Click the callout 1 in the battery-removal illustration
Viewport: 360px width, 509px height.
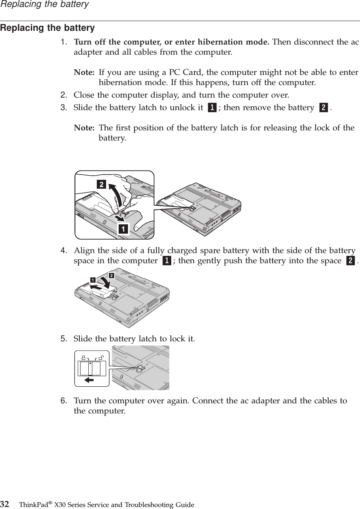click(x=121, y=229)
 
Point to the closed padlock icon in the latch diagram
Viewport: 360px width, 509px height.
click(x=83, y=357)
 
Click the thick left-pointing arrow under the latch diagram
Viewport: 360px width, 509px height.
click(x=89, y=380)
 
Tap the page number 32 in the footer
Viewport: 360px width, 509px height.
click(x=5, y=505)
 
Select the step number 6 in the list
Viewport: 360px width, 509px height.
click(x=64, y=401)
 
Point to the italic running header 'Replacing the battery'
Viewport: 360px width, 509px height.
click(x=44, y=4)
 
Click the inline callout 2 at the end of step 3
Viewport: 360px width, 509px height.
click(x=323, y=108)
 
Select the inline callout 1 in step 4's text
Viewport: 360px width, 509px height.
click(x=165, y=261)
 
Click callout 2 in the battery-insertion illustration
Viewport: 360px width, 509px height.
click(x=110, y=276)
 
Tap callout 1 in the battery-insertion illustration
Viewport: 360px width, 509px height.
click(x=93, y=280)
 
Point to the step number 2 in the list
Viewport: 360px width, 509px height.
click(x=64, y=95)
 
